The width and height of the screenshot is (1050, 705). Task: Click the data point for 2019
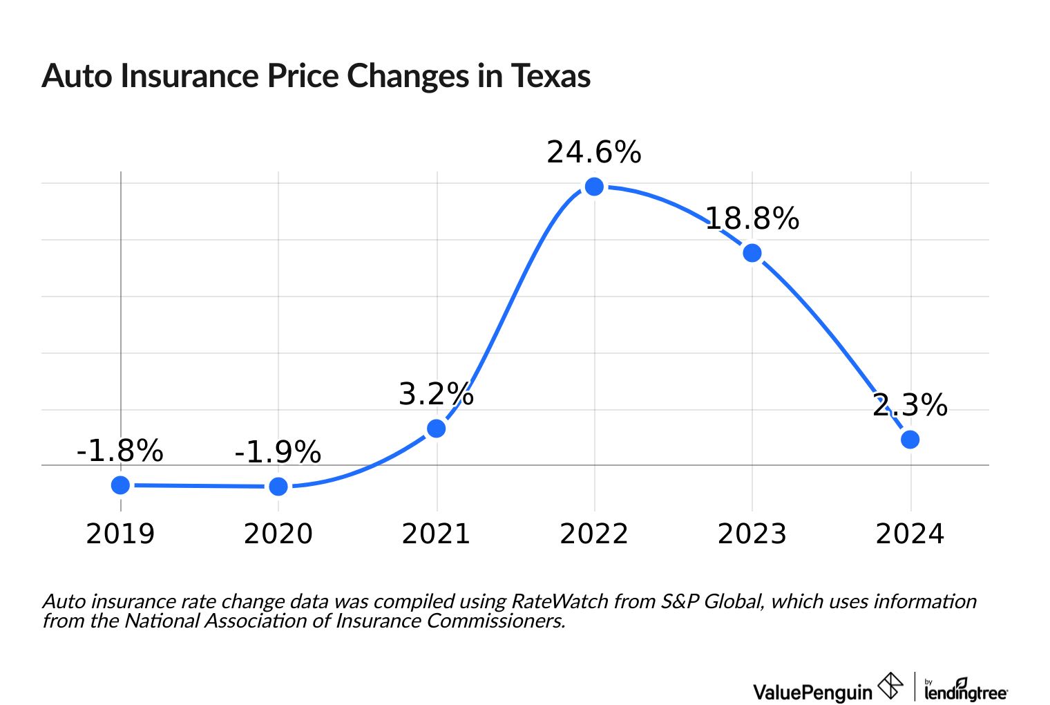coord(120,485)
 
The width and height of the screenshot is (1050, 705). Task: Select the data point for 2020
coord(278,487)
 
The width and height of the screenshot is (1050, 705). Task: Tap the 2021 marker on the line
coord(436,429)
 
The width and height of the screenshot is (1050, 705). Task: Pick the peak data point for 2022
coord(594,187)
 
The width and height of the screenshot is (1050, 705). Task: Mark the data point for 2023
coord(752,253)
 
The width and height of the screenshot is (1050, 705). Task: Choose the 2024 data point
coord(910,440)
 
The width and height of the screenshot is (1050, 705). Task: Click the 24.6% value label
coord(594,153)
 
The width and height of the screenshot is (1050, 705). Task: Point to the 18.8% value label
coord(752,219)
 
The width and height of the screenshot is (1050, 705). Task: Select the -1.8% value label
coord(120,451)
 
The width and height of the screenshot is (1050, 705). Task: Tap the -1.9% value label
coord(278,453)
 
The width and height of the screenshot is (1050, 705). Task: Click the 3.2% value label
coord(436,395)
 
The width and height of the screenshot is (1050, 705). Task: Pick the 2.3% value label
coord(910,405)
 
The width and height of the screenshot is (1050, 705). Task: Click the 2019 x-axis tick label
coord(120,534)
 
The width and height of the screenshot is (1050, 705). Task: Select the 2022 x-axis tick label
coord(594,534)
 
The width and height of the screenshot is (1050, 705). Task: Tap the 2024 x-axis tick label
coord(910,534)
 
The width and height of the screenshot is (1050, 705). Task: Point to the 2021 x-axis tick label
coord(436,534)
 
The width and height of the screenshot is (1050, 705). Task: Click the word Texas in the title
coord(551,76)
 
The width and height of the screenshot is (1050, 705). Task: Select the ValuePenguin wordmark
coord(812,691)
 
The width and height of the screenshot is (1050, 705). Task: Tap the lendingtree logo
coord(965,690)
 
